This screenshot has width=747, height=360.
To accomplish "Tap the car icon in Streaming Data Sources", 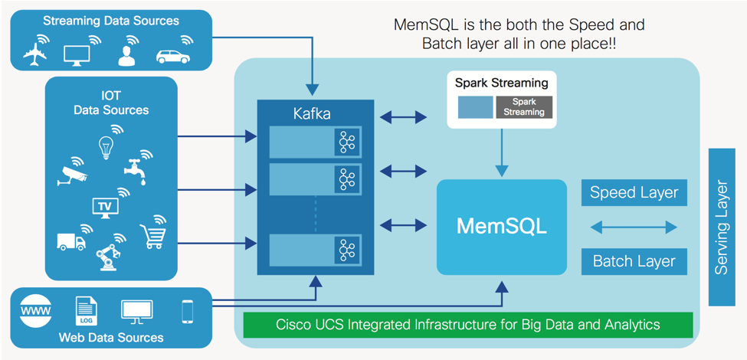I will click(173, 56).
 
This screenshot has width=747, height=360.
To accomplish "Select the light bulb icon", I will click(106, 146).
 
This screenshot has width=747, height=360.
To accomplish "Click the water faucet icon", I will click(138, 171).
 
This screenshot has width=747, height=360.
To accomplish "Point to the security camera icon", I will click(74, 176).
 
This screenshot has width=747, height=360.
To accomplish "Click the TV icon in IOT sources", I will click(105, 206).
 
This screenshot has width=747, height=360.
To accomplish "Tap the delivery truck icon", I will click(71, 241).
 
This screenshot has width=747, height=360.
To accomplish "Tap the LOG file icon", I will click(86, 311).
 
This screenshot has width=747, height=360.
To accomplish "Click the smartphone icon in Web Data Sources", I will click(187, 311).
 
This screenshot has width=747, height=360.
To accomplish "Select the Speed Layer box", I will click(634, 193).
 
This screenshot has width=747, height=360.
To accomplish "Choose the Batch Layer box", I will click(634, 261).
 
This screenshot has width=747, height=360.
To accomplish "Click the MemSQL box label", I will click(501, 227).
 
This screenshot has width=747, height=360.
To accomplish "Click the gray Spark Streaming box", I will click(524, 107).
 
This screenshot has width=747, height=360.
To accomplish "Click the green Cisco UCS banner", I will click(467, 325).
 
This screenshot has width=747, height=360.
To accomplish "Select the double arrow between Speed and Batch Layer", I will click(634, 227).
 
